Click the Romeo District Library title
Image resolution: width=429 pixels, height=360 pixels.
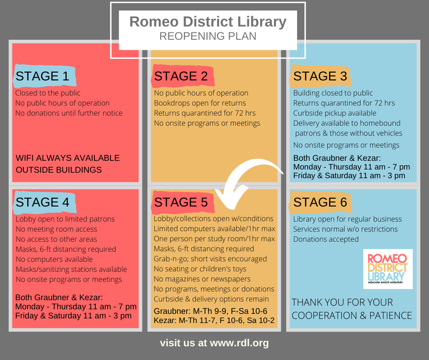click(x=208, y=22)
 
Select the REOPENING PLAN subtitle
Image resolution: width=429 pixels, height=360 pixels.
click(x=208, y=36)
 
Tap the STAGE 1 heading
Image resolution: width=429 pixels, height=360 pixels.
click(x=42, y=76)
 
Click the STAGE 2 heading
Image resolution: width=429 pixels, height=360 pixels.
click(x=181, y=76)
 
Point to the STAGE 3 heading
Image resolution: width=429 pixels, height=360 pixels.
click(x=320, y=76)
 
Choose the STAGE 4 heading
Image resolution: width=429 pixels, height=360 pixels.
click(x=42, y=202)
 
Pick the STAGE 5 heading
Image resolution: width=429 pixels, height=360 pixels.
click(x=181, y=202)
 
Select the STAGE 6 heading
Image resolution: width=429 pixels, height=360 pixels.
click(x=320, y=202)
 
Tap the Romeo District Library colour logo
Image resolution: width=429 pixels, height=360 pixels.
click(x=387, y=269)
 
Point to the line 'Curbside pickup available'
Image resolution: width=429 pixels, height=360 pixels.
click(x=335, y=113)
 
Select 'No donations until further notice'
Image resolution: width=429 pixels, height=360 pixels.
click(x=69, y=113)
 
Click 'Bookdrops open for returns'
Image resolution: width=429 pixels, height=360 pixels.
click(x=200, y=103)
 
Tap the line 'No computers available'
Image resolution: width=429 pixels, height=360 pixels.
click(x=54, y=259)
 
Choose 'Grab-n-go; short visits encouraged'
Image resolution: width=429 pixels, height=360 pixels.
click(x=210, y=259)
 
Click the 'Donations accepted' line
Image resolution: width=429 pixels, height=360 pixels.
click(x=326, y=239)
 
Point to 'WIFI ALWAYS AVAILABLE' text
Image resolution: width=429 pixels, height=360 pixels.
click(x=68, y=158)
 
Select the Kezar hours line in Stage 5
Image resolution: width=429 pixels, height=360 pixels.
click(x=214, y=320)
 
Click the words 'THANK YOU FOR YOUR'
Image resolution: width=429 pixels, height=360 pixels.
click(x=342, y=302)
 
